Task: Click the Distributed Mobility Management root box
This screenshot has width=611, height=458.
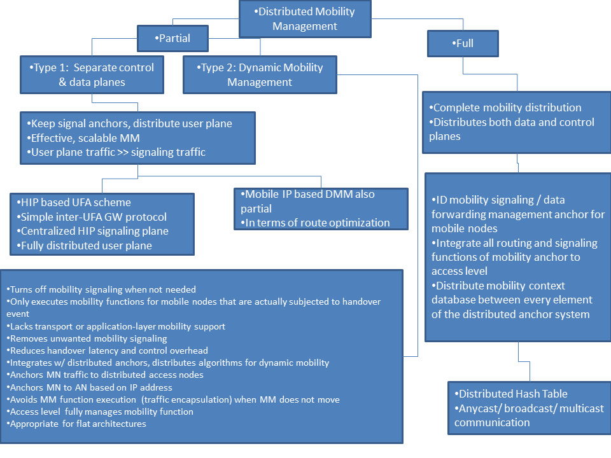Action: (x=305, y=18)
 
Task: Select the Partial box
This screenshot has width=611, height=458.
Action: (x=172, y=38)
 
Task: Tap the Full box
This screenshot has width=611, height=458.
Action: (x=463, y=43)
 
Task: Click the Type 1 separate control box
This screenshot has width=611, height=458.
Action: (x=92, y=75)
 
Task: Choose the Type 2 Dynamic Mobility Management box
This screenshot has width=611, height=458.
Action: (x=260, y=75)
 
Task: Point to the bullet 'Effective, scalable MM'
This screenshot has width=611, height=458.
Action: (x=83, y=138)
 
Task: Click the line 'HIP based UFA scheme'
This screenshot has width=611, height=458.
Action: (x=74, y=202)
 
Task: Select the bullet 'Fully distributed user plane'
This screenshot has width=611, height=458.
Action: (x=84, y=246)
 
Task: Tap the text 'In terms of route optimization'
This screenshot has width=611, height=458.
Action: (x=315, y=223)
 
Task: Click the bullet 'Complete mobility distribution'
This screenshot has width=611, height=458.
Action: (x=505, y=108)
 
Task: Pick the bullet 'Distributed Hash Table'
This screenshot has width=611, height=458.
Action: (x=511, y=394)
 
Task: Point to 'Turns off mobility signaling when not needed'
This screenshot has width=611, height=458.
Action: (x=101, y=289)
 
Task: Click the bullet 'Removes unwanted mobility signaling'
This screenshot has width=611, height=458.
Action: (x=87, y=338)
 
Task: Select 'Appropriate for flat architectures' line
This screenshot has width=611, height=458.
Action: (x=76, y=424)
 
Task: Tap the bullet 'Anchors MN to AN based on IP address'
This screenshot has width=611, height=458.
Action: (x=89, y=387)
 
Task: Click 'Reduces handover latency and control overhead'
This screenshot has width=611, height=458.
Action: (x=107, y=350)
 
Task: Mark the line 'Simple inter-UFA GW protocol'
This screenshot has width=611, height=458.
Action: (x=92, y=216)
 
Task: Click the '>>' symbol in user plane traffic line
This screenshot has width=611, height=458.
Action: (x=123, y=152)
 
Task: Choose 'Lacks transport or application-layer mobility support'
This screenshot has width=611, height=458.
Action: (x=116, y=326)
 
